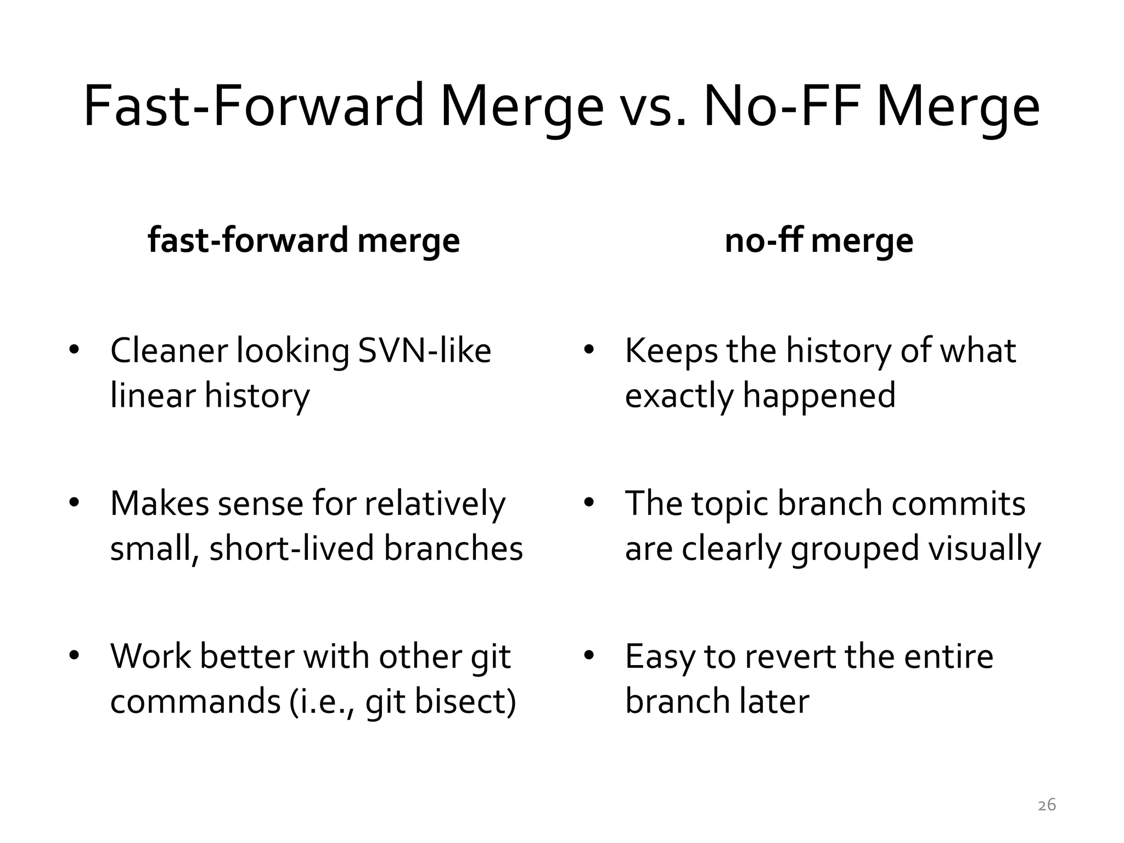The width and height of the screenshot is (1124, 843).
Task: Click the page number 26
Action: (1047, 805)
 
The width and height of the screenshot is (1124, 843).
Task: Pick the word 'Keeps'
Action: (671, 351)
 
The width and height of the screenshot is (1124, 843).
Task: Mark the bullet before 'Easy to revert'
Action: (589, 656)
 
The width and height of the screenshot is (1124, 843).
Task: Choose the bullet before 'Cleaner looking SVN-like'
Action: (75, 350)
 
